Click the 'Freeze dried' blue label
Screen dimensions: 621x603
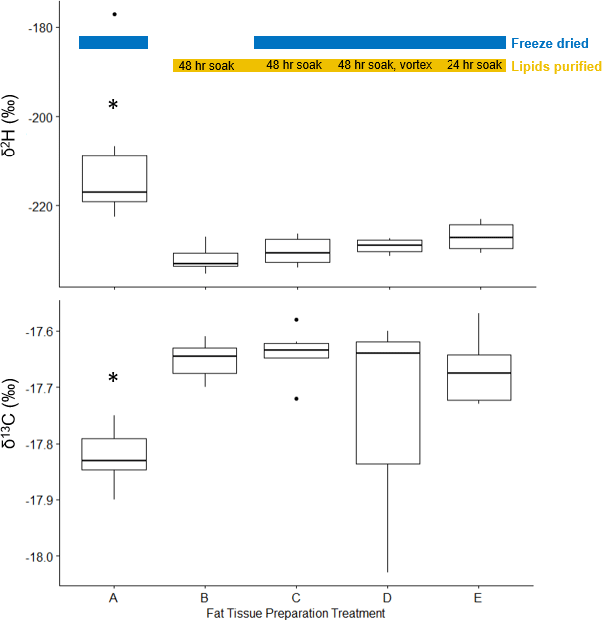pyautogui.click(x=549, y=44)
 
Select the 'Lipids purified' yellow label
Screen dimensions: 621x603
pyautogui.click(x=556, y=66)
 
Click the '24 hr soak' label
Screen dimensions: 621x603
pyautogui.click(x=474, y=66)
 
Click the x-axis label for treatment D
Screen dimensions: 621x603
pyautogui.click(x=387, y=598)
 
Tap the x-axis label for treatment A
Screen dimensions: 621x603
pyautogui.click(x=114, y=598)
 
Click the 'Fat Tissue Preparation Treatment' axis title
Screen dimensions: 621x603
pyautogui.click(x=296, y=614)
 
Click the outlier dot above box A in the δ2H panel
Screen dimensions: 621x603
pyautogui.click(x=114, y=14)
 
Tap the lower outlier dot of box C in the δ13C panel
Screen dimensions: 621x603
pyautogui.click(x=296, y=398)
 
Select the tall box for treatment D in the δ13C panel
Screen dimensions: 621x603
pyautogui.click(x=387, y=403)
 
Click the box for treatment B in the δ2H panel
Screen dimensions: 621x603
pyautogui.click(x=204, y=260)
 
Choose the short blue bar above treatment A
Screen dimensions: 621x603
pyautogui.click(x=114, y=42)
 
